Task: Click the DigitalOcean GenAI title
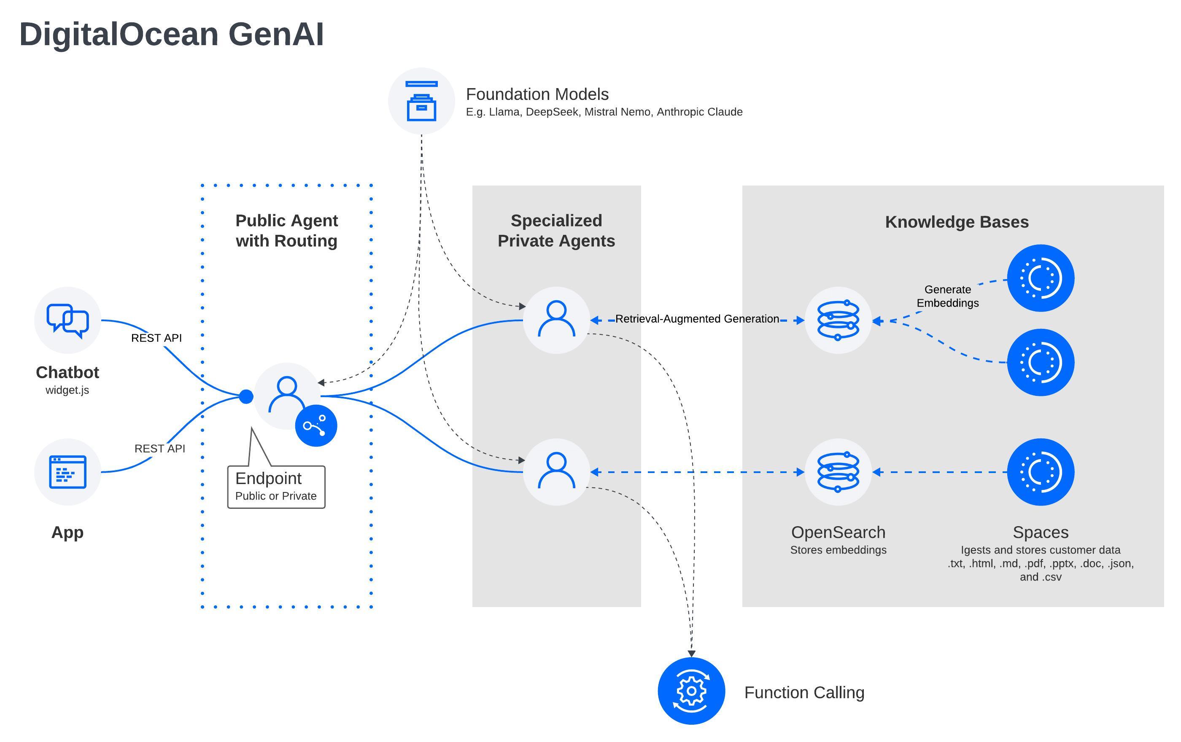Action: click(x=171, y=34)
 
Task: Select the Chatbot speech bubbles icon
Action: click(x=67, y=320)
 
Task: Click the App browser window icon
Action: click(x=67, y=472)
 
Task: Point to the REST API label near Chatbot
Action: click(x=156, y=338)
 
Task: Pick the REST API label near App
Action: click(x=160, y=449)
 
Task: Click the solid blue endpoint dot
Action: click(x=246, y=396)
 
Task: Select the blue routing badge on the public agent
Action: click(x=316, y=425)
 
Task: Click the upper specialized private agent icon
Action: click(x=556, y=320)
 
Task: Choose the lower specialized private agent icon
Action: click(x=556, y=472)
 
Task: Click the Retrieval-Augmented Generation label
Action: click(x=697, y=319)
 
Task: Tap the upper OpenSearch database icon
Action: click(x=838, y=320)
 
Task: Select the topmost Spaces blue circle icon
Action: click(x=1040, y=278)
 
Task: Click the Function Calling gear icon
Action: click(x=691, y=691)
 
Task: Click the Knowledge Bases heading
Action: click(x=956, y=222)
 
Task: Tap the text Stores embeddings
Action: click(x=838, y=550)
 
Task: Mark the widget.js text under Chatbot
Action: click(x=67, y=390)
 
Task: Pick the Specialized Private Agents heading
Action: click(x=556, y=231)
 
